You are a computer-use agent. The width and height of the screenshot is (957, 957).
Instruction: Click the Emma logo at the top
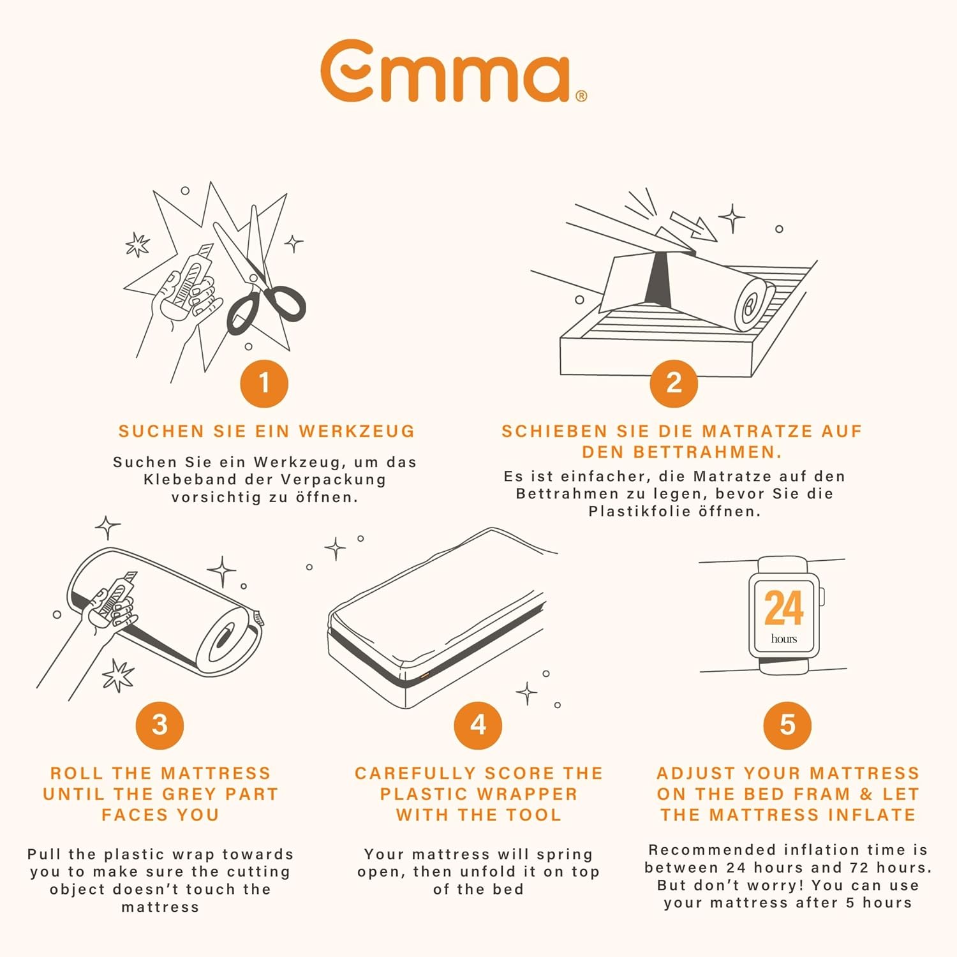(x=454, y=70)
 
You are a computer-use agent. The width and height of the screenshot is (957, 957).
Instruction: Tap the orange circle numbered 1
(x=264, y=383)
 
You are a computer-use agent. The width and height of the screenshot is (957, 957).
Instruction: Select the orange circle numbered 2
(x=674, y=383)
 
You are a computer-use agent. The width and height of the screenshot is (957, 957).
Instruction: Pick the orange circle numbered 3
(x=159, y=725)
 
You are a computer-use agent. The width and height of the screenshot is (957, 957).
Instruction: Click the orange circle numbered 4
(x=478, y=725)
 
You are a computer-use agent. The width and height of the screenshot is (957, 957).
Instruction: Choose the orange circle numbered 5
(x=787, y=725)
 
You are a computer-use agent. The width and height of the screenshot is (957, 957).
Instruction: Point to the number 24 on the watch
(x=783, y=608)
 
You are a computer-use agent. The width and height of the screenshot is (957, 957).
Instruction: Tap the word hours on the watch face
(x=784, y=639)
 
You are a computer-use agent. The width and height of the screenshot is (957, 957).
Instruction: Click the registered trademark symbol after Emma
(x=581, y=96)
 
